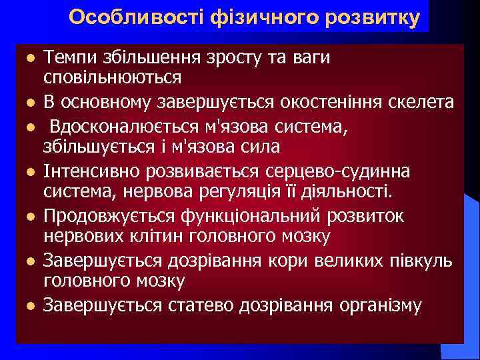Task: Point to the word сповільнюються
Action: coord(112,77)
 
